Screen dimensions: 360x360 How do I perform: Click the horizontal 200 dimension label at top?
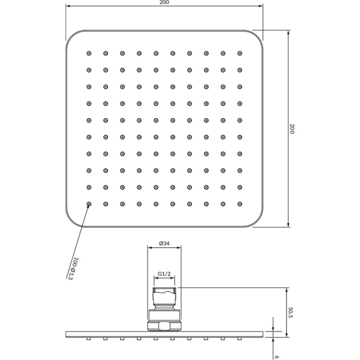pos(164,2)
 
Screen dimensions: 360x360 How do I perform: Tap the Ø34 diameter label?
pos(164,243)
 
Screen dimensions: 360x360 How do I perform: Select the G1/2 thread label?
pos(164,274)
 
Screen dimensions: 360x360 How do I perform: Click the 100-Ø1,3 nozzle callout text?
pos(73,271)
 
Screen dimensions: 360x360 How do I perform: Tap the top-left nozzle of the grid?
pos(89,53)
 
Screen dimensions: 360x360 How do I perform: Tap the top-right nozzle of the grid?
pos(240,53)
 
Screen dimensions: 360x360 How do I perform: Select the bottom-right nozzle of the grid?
pos(240,204)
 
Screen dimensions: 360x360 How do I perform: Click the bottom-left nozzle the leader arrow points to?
pos(89,204)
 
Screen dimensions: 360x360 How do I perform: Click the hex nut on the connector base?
pos(164,326)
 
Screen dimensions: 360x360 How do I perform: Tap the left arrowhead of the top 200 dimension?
pos(68,6)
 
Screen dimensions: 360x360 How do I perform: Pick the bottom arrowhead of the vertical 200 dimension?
pos(288,224)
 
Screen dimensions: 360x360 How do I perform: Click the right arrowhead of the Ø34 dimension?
pos(179,248)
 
